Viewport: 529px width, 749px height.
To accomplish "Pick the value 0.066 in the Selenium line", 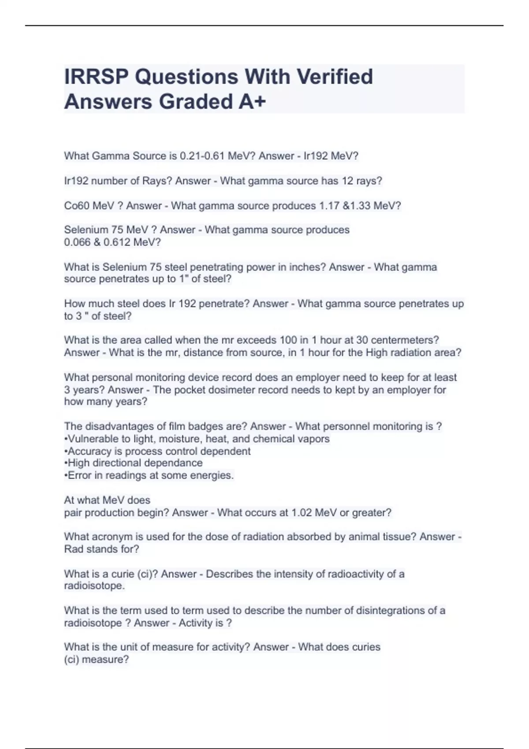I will (77, 242).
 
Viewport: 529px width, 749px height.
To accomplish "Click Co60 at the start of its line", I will (77, 206).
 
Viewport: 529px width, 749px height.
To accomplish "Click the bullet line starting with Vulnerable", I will (197, 439).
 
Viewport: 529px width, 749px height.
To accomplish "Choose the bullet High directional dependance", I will (133, 463).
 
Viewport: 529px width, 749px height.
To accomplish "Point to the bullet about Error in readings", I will (149, 475).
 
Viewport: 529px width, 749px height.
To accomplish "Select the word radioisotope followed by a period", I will (94, 586).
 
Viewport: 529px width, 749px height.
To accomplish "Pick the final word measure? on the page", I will (110, 660).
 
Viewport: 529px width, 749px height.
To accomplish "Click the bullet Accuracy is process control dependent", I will (157, 451).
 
